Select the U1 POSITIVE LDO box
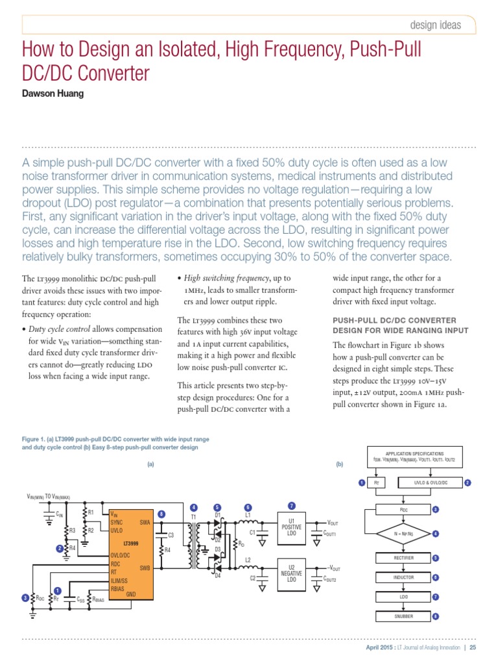click(292, 527)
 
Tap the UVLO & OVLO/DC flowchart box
click(431, 483)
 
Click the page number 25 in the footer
click(473, 647)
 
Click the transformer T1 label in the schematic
click(193, 516)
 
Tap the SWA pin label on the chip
click(145, 522)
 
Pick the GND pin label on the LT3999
click(130, 594)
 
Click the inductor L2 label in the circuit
click(248, 559)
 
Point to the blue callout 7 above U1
click(292, 505)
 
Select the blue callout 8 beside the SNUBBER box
click(436, 616)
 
